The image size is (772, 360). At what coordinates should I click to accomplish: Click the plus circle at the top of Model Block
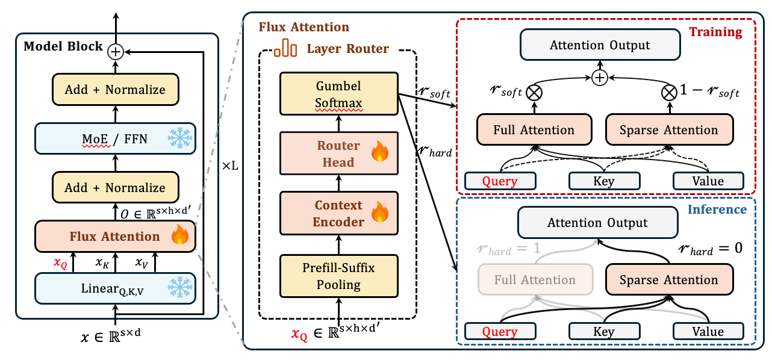pyautogui.click(x=115, y=52)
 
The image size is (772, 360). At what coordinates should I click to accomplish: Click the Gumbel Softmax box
pyautogui.click(x=338, y=93)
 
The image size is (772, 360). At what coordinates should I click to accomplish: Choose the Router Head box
pyautogui.click(x=338, y=154)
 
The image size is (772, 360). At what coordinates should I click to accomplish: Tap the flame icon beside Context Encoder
pyautogui.click(x=379, y=213)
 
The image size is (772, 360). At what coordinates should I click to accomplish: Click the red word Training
pyautogui.click(x=715, y=32)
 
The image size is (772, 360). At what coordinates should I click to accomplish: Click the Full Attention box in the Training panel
pyautogui.click(x=534, y=130)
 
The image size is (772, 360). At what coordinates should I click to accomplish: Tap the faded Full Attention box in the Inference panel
pyautogui.click(x=535, y=280)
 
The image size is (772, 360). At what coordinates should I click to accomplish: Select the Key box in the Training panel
pyautogui.click(x=603, y=181)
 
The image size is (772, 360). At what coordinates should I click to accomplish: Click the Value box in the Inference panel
pyautogui.click(x=708, y=331)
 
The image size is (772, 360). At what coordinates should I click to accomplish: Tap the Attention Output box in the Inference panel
pyautogui.click(x=597, y=223)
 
